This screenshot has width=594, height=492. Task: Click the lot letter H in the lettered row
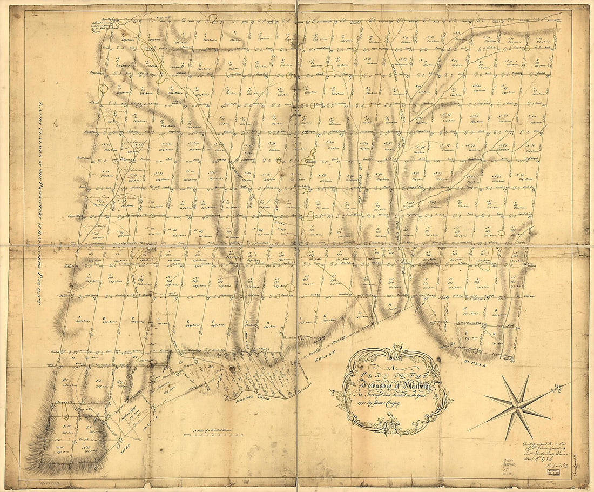[268, 322]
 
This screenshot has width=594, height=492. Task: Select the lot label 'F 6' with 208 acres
[99, 381]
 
